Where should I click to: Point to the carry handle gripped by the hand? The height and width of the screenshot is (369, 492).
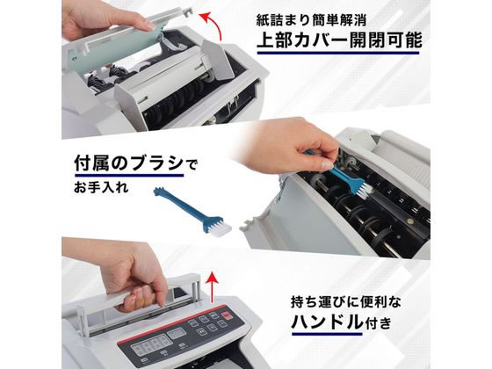tap(158, 289)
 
